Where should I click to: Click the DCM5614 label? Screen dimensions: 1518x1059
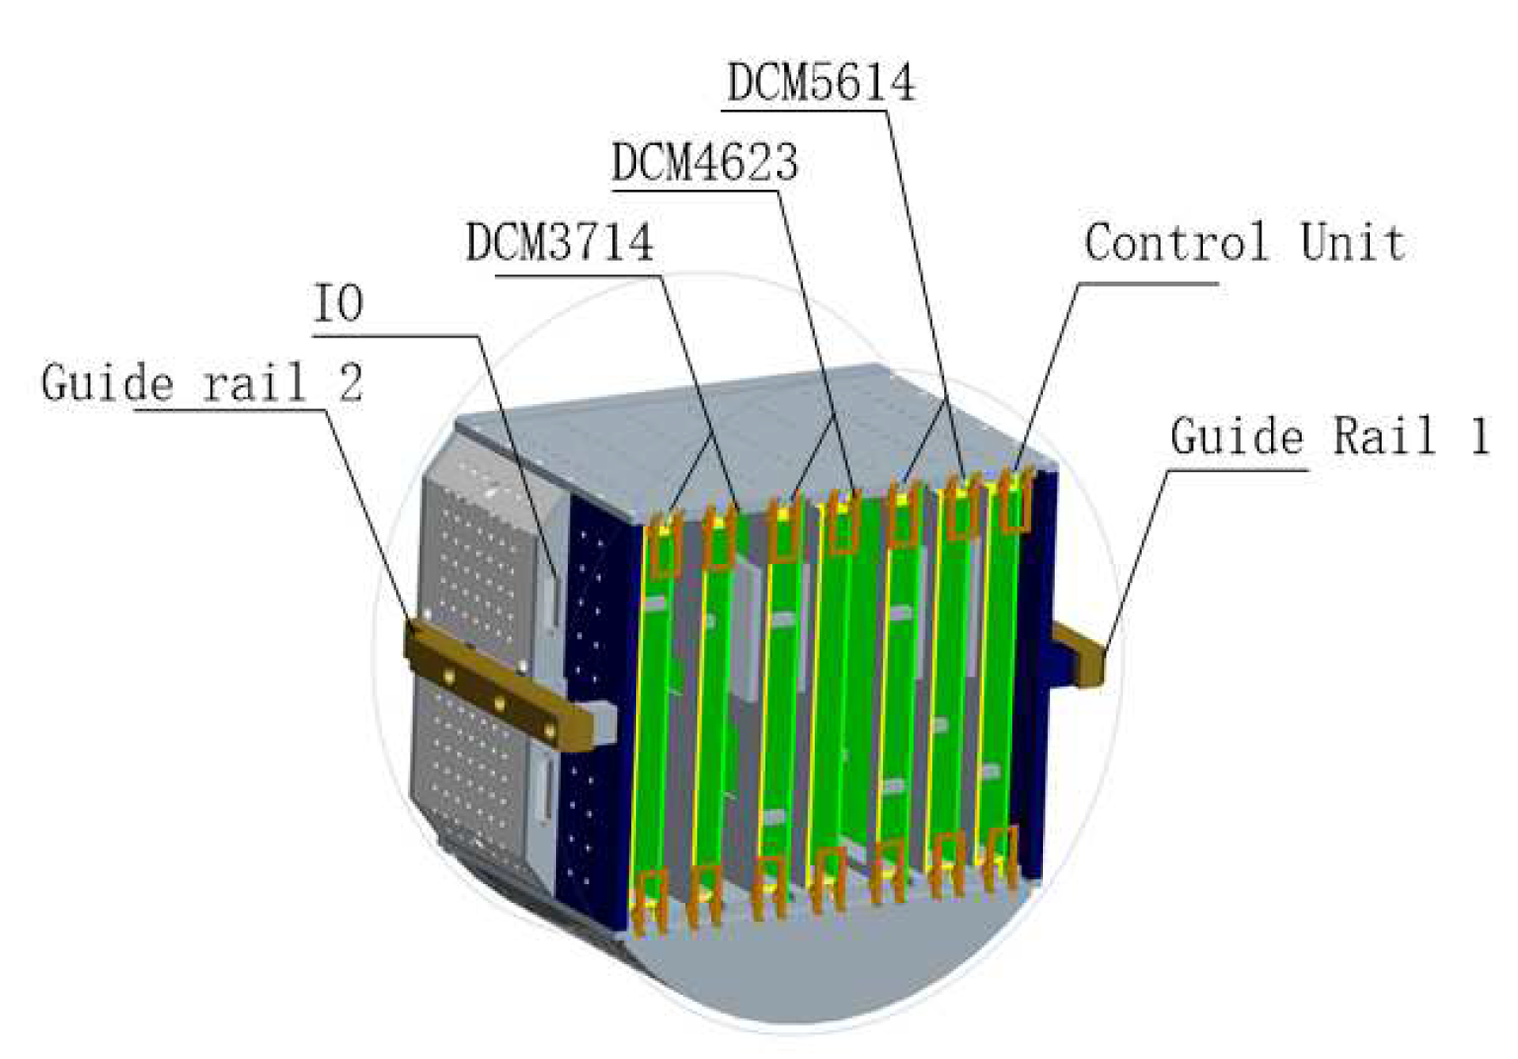(821, 83)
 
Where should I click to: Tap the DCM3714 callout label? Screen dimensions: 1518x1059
(559, 242)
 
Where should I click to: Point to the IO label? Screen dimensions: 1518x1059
(338, 304)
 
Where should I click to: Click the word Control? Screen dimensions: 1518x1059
(1175, 243)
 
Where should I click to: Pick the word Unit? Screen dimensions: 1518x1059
(1351, 243)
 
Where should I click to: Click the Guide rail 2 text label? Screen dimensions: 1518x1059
(201, 383)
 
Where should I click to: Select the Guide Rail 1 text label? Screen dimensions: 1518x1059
(1329, 437)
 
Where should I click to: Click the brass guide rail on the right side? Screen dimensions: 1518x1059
(1081, 654)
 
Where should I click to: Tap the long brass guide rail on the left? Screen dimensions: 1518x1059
(498, 683)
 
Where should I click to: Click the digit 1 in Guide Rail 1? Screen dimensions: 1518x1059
(1478, 437)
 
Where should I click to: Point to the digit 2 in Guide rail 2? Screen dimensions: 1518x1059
(351, 383)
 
